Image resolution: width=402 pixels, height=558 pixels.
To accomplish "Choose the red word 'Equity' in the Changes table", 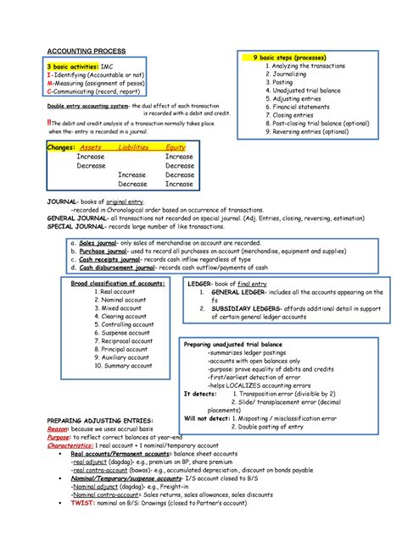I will pos(176,147).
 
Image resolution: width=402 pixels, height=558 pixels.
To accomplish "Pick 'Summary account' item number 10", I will pos(125,366).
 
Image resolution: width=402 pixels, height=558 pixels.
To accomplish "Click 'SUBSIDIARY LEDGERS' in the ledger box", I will pos(248,309).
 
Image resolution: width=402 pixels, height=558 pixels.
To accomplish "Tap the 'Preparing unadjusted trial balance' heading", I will pos(234,345).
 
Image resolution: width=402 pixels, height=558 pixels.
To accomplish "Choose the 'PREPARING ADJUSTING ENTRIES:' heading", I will pos(100,420).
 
